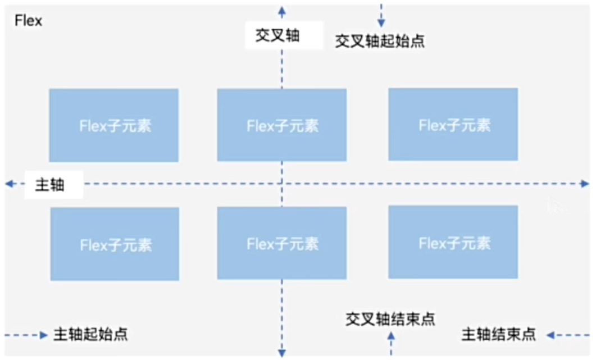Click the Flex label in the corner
click(x=28, y=21)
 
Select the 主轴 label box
click(x=53, y=185)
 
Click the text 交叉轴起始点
click(x=380, y=42)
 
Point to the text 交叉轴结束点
click(x=390, y=319)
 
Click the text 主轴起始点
click(x=90, y=335)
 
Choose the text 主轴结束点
click(x=499, y=335)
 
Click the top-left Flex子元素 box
click(x=114, y=125)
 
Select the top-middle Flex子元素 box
click(x=282, y=125)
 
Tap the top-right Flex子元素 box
click(x=453, y=125)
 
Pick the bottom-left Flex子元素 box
click(x=115, y=244)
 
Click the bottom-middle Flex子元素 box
click(x=282, y=243)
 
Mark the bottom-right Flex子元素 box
click(x=453, y=242)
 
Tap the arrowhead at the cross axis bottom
click(x=282, y=352)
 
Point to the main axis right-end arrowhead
click(x=585, y=184)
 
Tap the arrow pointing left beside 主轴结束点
click(x=551, y=335)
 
